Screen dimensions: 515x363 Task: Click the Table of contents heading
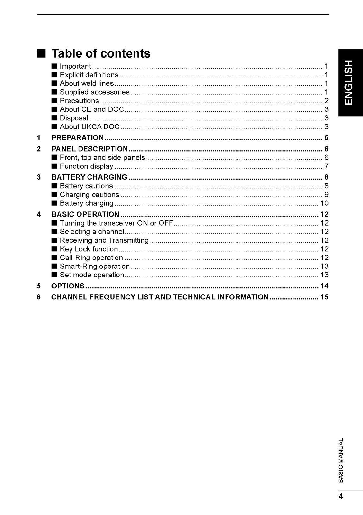pos(101,53)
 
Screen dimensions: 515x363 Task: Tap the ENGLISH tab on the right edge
pos(350,82)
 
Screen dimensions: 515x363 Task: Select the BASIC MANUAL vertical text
pos(341,460)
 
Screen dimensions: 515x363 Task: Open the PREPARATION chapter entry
pos(78,138)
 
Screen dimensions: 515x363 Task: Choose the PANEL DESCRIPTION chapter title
pos(90,149)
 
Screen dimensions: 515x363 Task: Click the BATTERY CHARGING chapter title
pos(89,177)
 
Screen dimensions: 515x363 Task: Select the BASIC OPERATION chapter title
pos(85,214)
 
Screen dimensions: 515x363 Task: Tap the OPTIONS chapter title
pos(68,286)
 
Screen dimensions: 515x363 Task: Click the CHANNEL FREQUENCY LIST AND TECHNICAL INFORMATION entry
pos(160,297)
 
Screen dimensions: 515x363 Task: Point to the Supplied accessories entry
pos(95,92)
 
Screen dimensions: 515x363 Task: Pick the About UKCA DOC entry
pos(89,127)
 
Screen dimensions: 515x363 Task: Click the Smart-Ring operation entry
pos(95,267)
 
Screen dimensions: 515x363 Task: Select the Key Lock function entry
pos(89,249)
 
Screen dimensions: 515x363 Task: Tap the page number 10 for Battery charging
pos(324,203)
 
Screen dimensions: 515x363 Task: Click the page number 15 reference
pos(324,297)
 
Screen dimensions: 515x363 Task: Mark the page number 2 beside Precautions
pos(326,101)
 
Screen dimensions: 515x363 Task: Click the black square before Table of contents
pos(41,53)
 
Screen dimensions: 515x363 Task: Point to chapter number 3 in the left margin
pos(39,177)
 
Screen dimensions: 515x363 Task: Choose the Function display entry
pos(86,166)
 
